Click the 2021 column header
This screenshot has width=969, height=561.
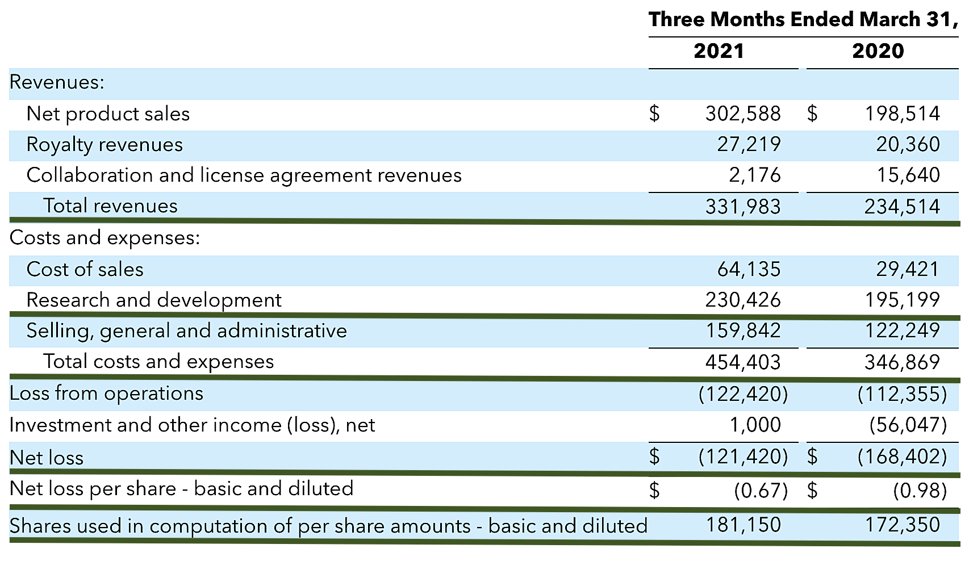tap(719, 52)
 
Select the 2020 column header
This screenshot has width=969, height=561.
tap(878, 52)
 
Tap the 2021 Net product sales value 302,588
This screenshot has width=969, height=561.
tap(743, 114)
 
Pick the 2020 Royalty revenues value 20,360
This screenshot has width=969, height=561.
tap(908, 145)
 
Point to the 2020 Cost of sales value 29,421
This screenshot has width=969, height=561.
tap(908, 269)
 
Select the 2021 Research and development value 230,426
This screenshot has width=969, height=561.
tap(743, 300)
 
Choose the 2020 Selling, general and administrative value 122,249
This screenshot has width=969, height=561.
tap(902, 330)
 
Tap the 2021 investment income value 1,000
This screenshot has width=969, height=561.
tap(755, 425)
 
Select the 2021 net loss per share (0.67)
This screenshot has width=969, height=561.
tap(761, 490)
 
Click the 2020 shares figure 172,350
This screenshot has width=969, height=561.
tap(902, 525)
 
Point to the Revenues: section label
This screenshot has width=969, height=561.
tap(57, 83)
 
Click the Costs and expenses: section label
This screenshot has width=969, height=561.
tap(105, 238)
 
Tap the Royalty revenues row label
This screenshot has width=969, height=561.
tap(105, 145)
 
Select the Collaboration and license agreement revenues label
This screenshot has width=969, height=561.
tap(244, 175)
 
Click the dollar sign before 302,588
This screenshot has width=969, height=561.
tap(654, 114)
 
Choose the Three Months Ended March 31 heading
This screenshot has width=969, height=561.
tap(803, 20)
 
